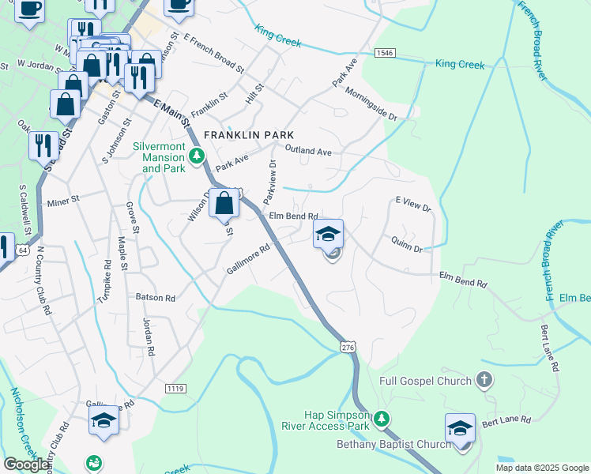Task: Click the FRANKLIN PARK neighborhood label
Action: (243, 135)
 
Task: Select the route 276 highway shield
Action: (348, 346)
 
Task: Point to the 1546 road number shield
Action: (385, 53)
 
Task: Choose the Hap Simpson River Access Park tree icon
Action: (382, 418)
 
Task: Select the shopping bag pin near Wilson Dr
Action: (225, 204)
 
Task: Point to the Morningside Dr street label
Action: (371, 103)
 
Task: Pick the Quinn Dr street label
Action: (407, 243)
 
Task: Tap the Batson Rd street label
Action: (155, 298)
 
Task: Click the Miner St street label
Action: (65, 201)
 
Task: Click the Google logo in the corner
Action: (26, 464)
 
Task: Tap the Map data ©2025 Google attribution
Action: (542, 468)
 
